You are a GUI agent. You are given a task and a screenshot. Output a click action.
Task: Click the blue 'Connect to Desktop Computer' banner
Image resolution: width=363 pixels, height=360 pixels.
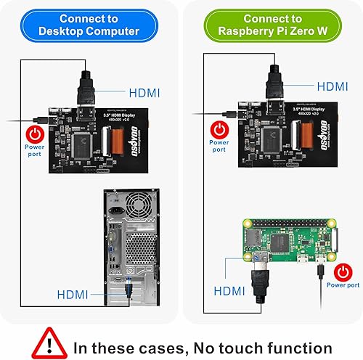[x=90, y=25]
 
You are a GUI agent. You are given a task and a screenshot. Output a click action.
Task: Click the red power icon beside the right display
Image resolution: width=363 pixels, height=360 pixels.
[x=219, y=128]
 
